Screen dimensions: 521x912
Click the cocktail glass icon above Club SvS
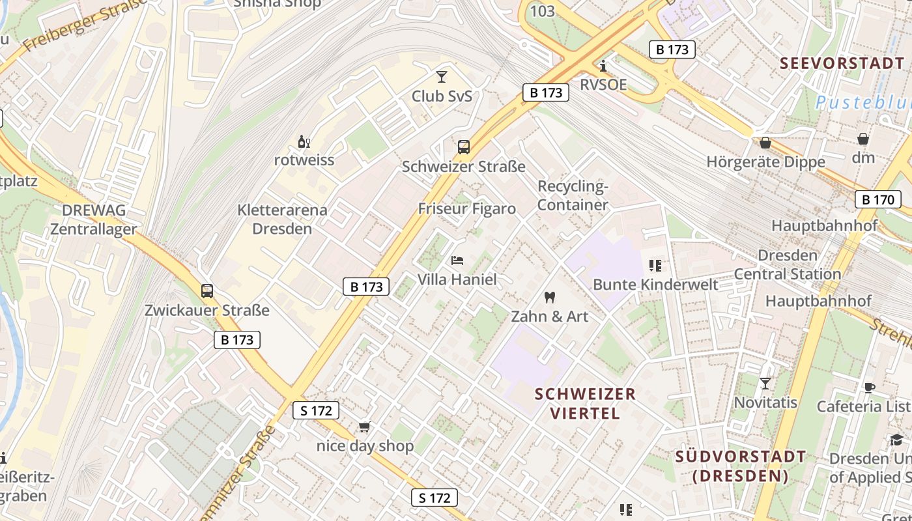(x=442, y=77)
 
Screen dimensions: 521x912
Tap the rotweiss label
(x=304, y=160)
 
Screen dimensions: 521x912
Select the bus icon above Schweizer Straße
(x=463, y=147)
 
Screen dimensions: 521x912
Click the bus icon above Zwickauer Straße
(x=207, y=291)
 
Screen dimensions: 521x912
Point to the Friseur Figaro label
(x=466, y=209)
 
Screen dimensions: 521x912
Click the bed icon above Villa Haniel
(x=457, y=260)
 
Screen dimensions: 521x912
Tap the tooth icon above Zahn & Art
(x=549, y=298)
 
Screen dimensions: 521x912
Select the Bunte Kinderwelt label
(x=655, y=285)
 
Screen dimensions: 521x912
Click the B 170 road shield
(x=877, y=199)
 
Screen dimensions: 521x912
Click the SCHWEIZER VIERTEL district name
(x=585, y=403)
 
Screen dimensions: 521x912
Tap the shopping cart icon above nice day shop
(x=364, y=427)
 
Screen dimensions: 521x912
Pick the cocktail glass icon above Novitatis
(x=765, y=384)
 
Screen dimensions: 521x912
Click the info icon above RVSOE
(x=603, y=66)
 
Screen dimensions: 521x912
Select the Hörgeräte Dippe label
(x=765, y=162)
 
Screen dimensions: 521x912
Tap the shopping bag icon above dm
(x=863, y=139)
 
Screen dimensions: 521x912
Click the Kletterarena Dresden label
(x=282, y=219)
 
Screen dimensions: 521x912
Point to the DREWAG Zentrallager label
(x=94, y=219)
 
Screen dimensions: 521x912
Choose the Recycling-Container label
(x=573, y=195)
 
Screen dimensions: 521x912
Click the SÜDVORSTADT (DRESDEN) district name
(x=741, y=466)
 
